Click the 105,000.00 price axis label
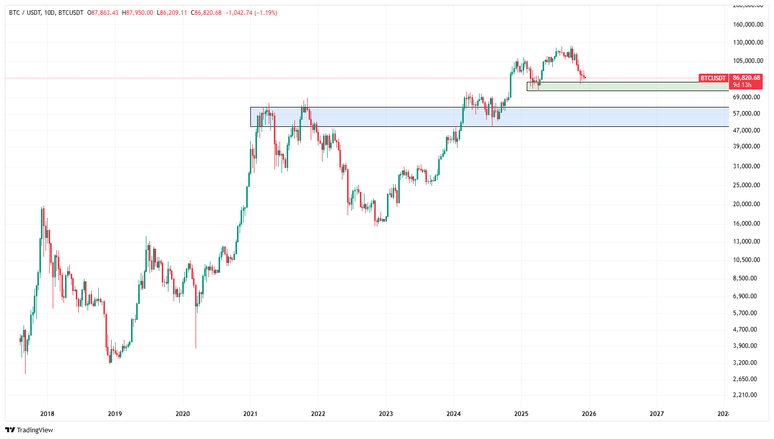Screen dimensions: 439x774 [x=748, y=61]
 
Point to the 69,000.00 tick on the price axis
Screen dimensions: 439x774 [x=748, y=97]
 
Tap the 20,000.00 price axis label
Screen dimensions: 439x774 [x=748, y=204]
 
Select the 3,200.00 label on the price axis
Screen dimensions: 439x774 [x=748, y=363]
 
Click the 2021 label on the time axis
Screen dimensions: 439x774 [x=250, y=414]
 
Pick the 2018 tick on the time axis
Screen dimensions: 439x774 [x=47, y=414]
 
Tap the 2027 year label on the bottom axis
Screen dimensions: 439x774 [x=657, y=414]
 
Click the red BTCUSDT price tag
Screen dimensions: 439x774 [x=713, y=78]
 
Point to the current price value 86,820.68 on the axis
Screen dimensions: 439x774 [x=746, y=78]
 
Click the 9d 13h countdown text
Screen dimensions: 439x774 [x=742, y=85]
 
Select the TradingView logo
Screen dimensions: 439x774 [x=30, y=430]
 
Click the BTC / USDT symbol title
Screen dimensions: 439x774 [x=25, y=13]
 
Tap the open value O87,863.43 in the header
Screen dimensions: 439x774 [x=103, y=13]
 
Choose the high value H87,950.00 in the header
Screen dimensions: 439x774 [x=138, y=13]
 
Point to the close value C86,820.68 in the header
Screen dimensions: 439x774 [x=206, y=13]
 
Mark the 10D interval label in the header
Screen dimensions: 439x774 [x=50, y=13]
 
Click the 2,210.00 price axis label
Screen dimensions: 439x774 [x=748, y=395]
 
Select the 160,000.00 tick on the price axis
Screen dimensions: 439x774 [x=748, y=25]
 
